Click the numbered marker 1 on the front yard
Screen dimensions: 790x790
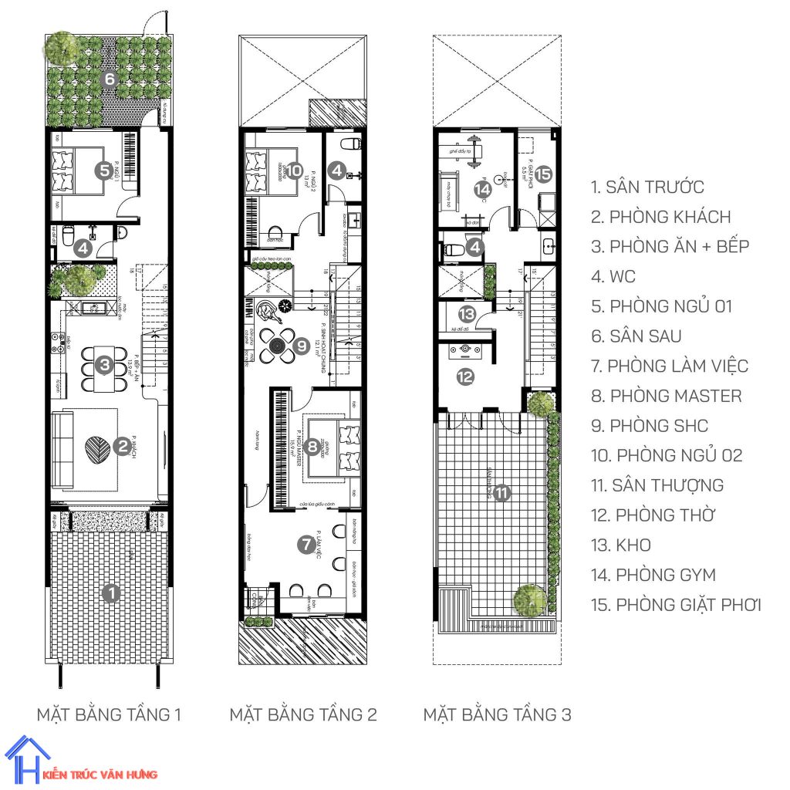point(112,593)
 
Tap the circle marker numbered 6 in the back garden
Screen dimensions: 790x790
point(110,79)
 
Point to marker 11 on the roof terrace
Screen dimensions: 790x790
point(502,491)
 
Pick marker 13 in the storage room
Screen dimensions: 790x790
point(466,314)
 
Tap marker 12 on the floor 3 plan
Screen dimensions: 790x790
point(466,376)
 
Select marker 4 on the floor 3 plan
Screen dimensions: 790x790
point(477,248)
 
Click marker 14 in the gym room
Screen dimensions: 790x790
point(483,190)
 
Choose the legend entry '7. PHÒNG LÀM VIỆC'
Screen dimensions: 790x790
point(669,366)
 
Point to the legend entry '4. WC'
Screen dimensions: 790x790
point(614,276)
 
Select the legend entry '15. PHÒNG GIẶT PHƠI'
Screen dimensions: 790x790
point(676,604)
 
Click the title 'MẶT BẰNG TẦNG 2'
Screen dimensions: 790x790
point(303,714)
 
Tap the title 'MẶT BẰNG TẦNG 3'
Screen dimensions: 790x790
point(497,714)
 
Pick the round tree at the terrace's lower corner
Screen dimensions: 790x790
point(529,599)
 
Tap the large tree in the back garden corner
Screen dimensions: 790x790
point(61,49)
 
